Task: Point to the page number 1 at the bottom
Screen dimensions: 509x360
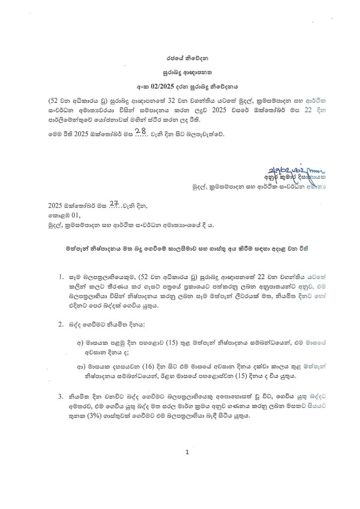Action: click(x=187, y=452)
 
